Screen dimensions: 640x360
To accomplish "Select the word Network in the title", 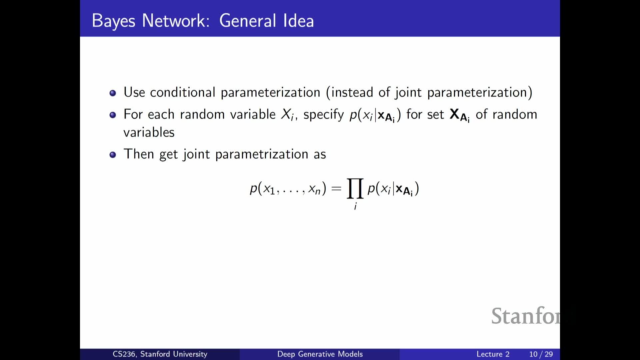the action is pos(176,21).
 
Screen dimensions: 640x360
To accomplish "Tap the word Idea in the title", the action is pos(298,21).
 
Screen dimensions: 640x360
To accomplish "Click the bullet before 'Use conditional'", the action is pos(113,93).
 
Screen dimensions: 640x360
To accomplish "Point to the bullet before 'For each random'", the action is pos(113,115).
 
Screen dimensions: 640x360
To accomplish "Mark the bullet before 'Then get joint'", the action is pos(113,155).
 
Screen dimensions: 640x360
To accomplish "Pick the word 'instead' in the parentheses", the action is pos(352,92).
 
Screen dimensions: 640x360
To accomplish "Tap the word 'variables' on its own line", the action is pos(149,132).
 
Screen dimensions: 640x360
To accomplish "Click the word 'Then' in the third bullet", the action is pos(139,154).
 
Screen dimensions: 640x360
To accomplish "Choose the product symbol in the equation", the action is pos(355,188).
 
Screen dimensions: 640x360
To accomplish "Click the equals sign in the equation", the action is pos(337,189).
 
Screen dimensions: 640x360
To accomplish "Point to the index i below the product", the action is pos(355,207).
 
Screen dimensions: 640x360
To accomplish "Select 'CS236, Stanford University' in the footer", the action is pos(160,354).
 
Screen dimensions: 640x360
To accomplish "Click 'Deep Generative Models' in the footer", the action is pos(320,354).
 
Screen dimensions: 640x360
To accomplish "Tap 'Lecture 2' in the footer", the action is pos(493,354).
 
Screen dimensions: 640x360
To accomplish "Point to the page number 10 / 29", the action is pos(541,354).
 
